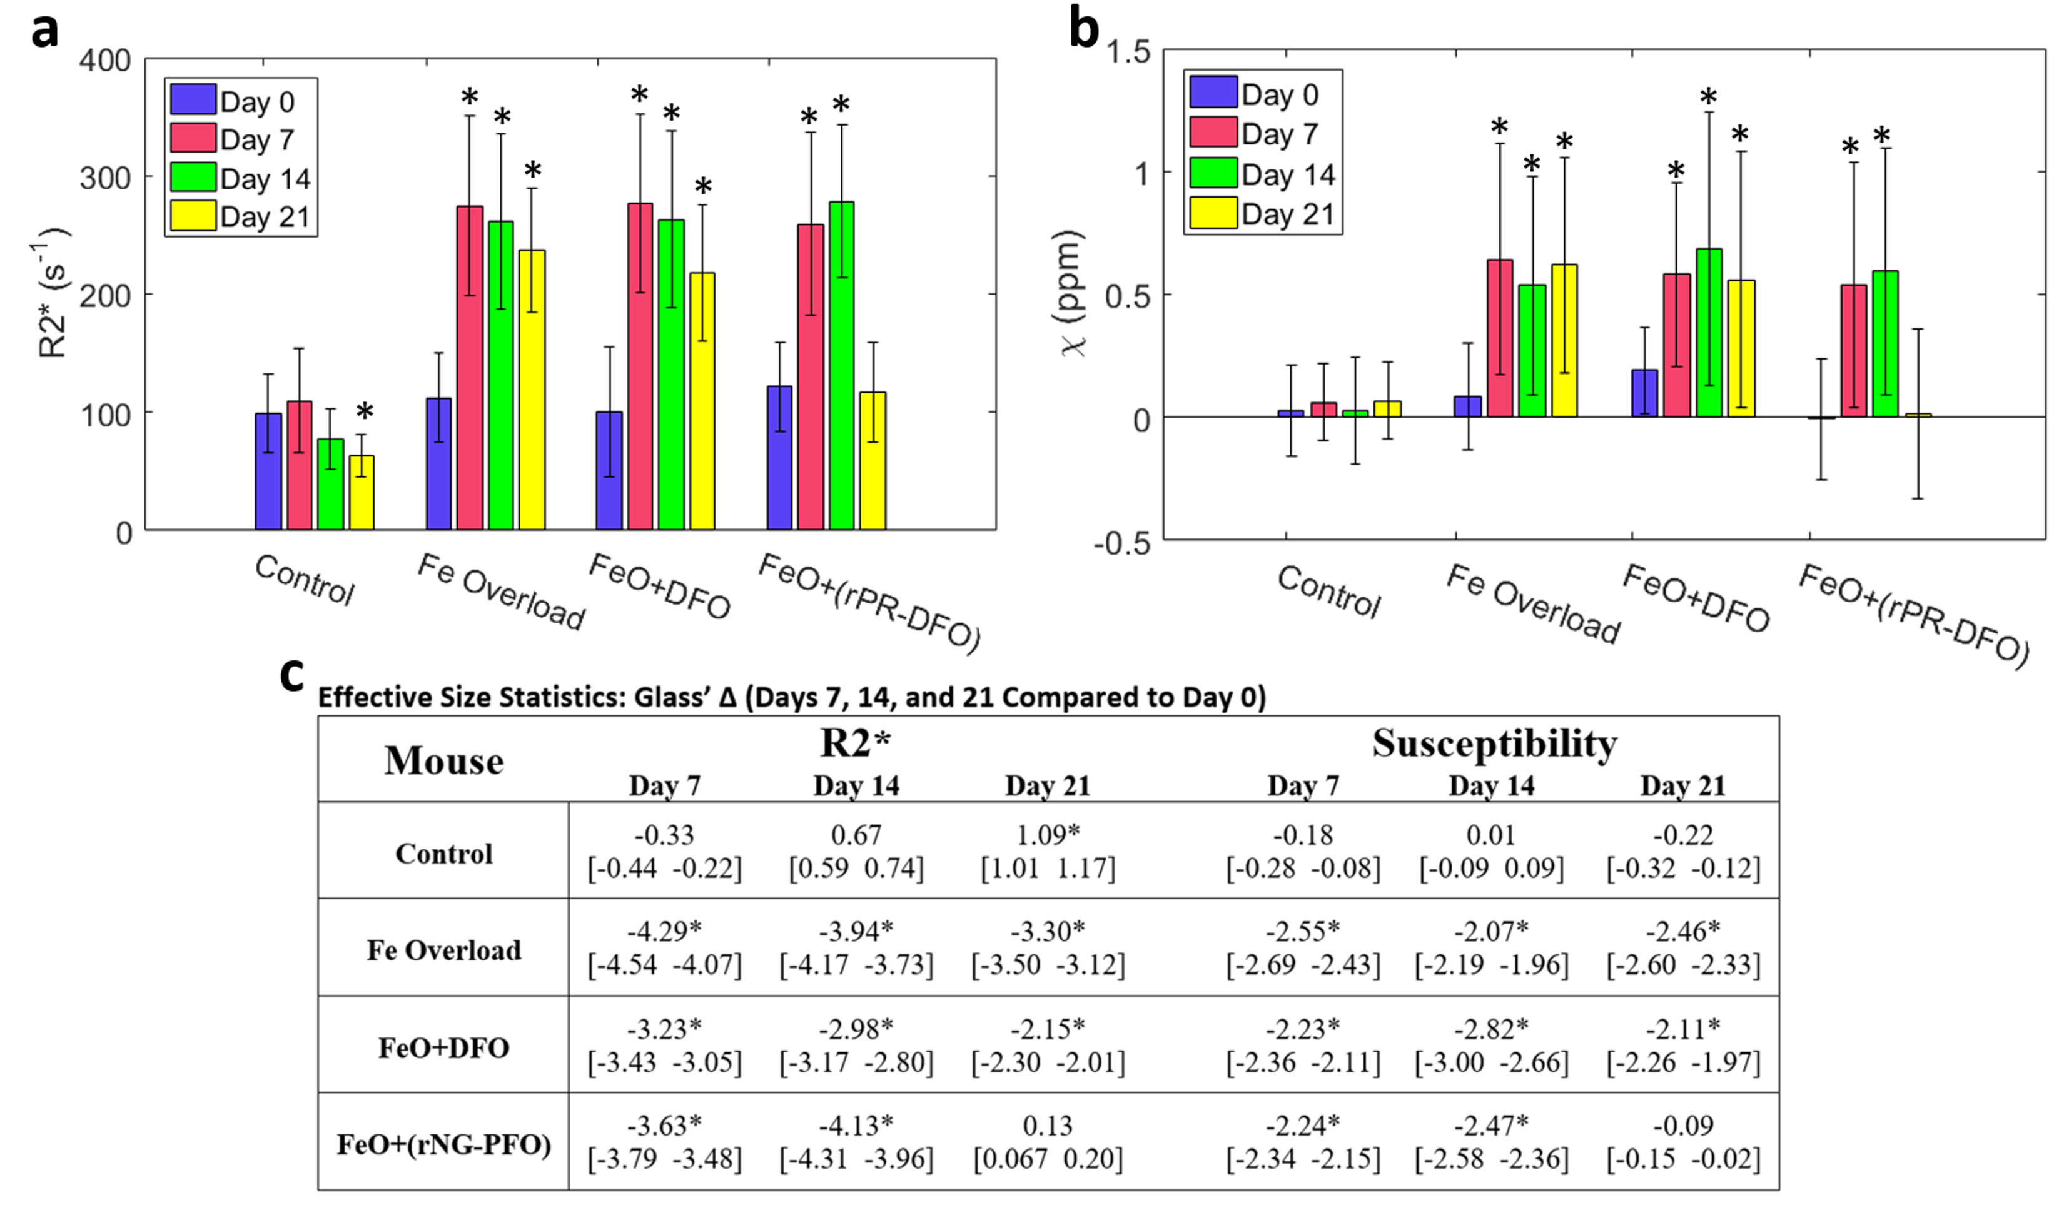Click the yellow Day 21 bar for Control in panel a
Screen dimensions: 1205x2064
(362, 493)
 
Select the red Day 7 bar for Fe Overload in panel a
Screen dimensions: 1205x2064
(469, 368)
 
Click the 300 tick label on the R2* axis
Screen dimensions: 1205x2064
(105, 178)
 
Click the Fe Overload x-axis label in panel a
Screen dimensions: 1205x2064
(500, 591)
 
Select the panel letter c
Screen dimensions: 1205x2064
(291, 675)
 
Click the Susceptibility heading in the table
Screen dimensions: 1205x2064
(1494, 744)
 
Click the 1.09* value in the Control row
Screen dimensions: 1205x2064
(1048, 835)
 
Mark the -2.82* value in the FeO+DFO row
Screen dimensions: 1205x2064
(1490, 1028)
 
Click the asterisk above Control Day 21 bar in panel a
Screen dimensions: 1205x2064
(365, 411)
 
